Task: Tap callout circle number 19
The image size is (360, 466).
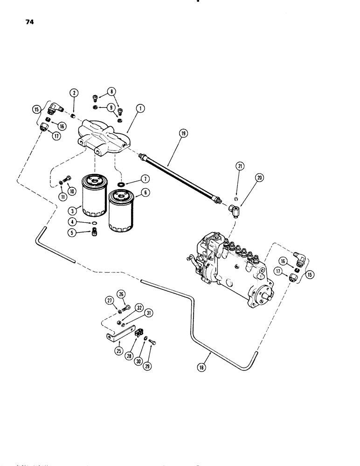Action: pyautogui.click(x=182, y=133)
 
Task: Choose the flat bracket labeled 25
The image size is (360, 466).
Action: pyautogui.click(x=119, y=332)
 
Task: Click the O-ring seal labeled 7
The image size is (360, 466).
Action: pyautogui.click(x=121, y=185)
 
